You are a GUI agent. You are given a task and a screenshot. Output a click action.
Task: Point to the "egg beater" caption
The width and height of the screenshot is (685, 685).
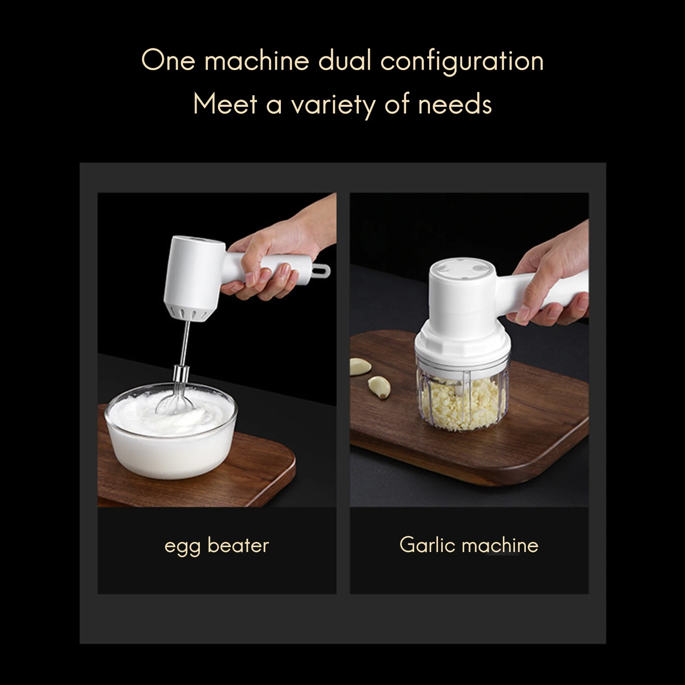pos(216,546)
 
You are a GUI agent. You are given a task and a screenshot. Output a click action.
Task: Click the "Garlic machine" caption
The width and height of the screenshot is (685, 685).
pos(469,545)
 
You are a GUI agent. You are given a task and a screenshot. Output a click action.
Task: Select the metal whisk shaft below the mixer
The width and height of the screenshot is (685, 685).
pos(185,342)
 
